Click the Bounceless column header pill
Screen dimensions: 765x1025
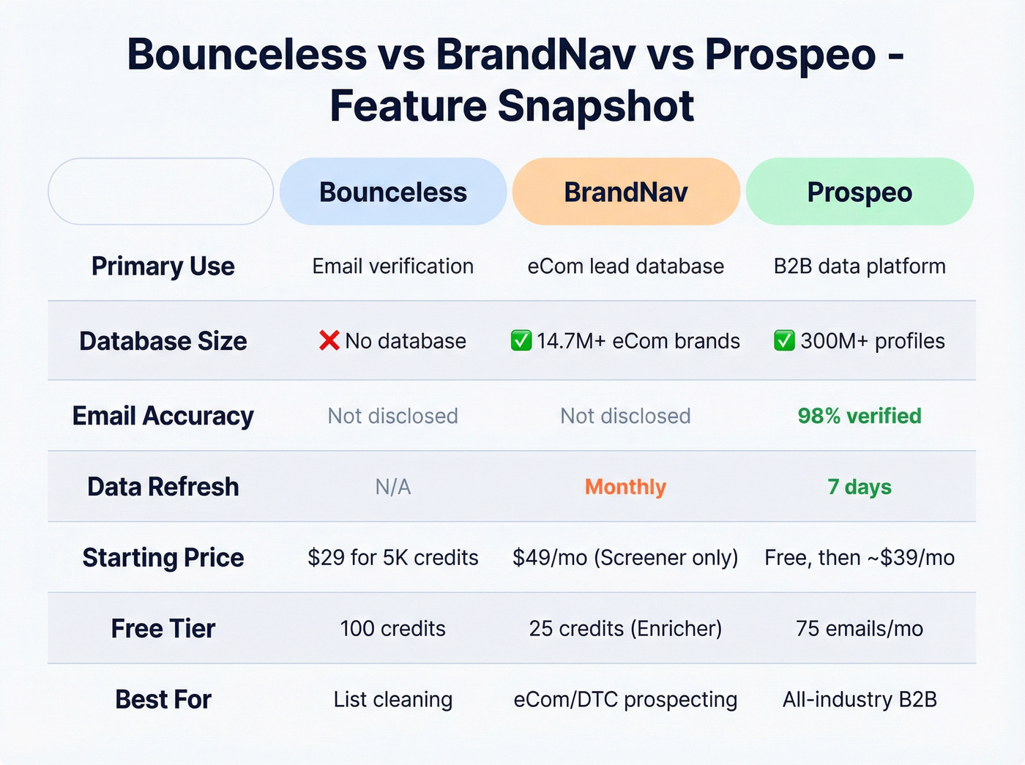point(393,192)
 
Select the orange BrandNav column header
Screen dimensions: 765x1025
point(626,192)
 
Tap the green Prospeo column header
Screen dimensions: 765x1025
point(860,192)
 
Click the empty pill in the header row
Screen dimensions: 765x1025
point(161,192)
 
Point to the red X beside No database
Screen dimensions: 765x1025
point(329,340)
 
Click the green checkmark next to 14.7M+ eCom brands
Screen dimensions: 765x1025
point(521,340)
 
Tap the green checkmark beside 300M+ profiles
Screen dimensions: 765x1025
point(784,340)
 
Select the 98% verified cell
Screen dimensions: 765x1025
point(860,416)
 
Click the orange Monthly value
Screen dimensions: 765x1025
point(626,487)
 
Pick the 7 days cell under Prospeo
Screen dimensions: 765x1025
point(860,487)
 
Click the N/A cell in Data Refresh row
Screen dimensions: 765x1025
point(393,487)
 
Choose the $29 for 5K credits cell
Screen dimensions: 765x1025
point(393,558)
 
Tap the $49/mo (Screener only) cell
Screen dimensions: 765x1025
point(626,558)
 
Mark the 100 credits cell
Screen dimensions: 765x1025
point(393,628)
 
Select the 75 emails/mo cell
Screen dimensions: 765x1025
point(860,628)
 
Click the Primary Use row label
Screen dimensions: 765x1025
point(163,266)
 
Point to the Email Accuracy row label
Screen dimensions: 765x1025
point(163,416)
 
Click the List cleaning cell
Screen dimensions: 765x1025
point(393,699)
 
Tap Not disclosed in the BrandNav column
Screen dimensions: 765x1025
point(626,416)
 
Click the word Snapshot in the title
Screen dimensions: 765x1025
point(595,106)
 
